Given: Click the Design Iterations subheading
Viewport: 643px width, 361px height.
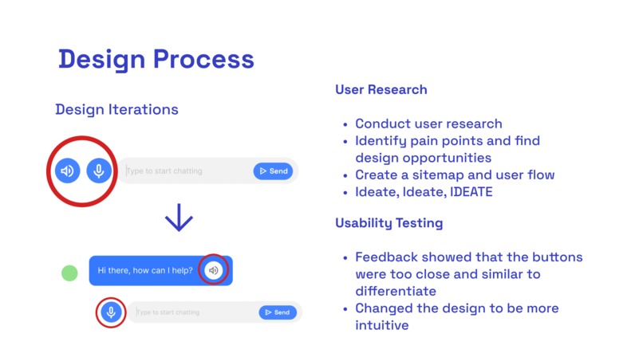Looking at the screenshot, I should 116,109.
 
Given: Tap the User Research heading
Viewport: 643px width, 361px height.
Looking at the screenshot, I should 381,89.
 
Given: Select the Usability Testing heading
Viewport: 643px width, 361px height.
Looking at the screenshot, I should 389,223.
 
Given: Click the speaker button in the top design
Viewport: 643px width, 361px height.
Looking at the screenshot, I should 67,171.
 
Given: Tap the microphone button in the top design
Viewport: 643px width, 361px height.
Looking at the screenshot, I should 98,171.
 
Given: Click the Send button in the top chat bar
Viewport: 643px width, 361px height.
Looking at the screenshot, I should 273,171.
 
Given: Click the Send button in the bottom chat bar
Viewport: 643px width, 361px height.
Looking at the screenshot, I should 277,312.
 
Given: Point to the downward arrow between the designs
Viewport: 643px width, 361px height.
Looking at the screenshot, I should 179,217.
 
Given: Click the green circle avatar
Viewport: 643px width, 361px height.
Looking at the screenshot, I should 69,273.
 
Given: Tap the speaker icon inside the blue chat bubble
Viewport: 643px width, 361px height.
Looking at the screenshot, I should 213,270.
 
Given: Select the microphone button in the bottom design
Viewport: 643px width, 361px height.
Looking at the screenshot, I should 111,312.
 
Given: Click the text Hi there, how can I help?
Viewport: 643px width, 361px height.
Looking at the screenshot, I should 144,270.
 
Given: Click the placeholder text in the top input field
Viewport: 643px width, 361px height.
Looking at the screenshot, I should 165,171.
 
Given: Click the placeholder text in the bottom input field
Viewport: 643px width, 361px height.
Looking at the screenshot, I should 168,312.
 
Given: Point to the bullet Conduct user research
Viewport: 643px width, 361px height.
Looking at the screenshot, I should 428,124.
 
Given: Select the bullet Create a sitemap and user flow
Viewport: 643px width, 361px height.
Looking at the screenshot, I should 454,175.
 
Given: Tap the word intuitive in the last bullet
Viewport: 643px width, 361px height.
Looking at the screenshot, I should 381,325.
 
